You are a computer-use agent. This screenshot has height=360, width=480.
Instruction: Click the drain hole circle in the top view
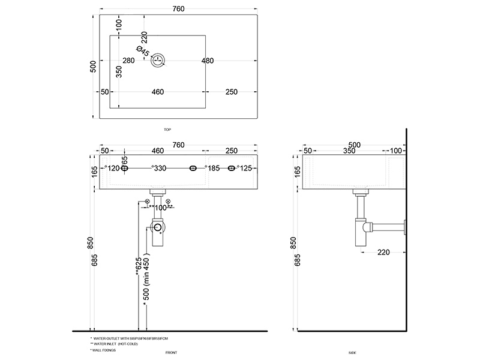158,60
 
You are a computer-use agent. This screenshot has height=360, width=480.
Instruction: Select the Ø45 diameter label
142,52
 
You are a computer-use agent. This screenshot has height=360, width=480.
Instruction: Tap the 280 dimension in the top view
128,61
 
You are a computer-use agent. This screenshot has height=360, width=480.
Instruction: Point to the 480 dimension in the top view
208,61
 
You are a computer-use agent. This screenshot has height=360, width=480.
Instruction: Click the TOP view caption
167,129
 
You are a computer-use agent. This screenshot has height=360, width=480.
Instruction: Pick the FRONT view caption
171,353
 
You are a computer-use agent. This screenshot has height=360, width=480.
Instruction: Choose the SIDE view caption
353,353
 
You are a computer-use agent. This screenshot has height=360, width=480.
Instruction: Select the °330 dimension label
159,169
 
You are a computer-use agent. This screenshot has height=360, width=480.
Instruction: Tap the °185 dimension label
214,169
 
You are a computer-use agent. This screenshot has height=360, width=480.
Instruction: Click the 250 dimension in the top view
233,92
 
